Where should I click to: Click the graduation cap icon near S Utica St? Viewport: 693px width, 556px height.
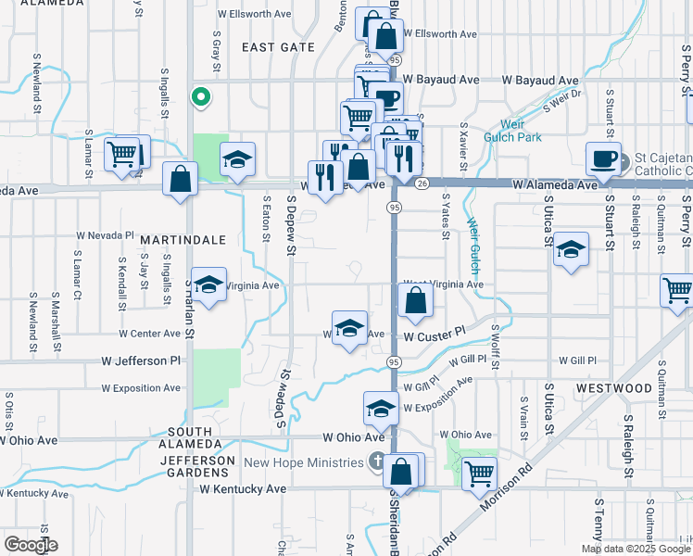(x=572, y=248)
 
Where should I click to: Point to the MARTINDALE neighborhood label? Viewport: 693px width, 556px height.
(x=183, y=239)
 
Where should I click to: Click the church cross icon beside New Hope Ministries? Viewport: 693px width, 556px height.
(x=376, y=461)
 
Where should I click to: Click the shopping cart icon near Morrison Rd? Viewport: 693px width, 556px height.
(x=479, y=474)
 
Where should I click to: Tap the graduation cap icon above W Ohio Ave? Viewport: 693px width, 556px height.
(x=382, y=407)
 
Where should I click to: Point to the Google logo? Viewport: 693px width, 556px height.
(x=31, y=545)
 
